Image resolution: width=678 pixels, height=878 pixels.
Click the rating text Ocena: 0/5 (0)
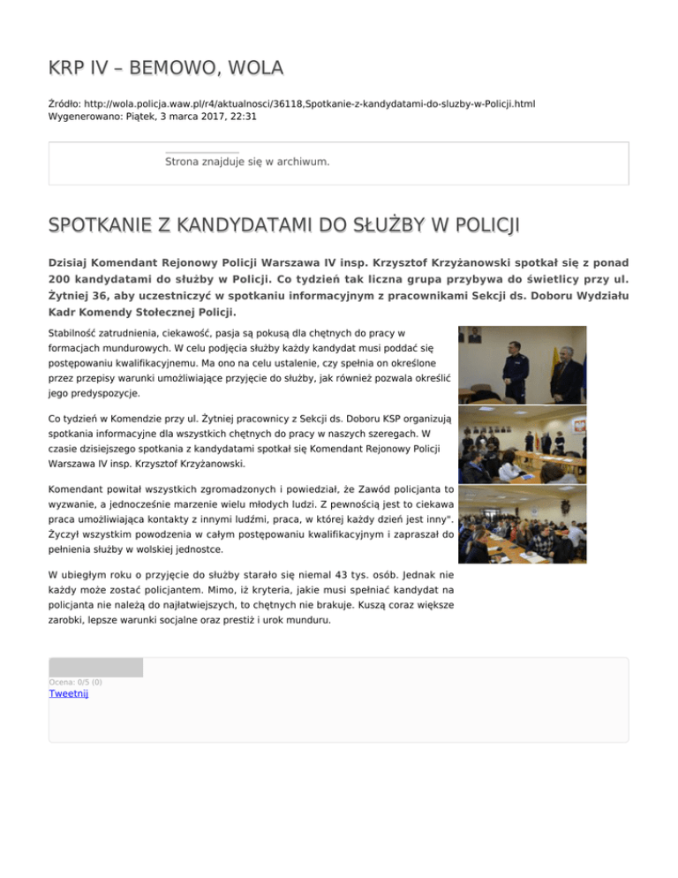click(75, 682)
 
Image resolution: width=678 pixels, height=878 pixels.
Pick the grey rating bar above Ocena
click(95, 667)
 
